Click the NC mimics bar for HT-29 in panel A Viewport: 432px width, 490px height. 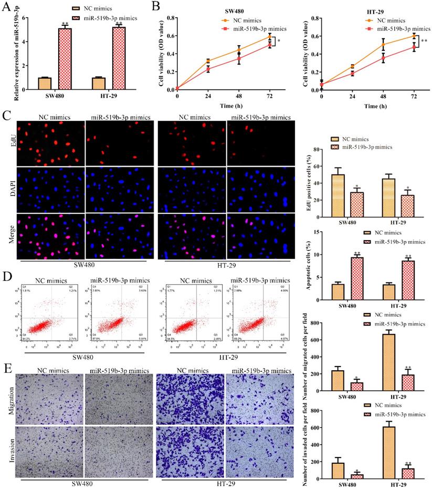pyautogui.click(x=99, y=84)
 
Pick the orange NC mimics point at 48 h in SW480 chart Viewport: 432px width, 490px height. pyautogui.click(x=239, y=50)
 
